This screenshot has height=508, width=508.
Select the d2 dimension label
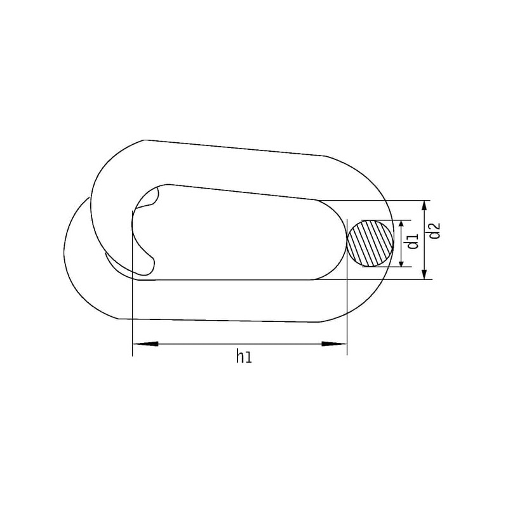click(x=435, y=231)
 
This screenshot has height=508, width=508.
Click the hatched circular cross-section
click(x=371, y=243)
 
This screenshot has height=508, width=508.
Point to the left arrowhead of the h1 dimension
click(x=145, y=344)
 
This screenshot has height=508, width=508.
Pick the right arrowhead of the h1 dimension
click(x=334, y=344)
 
